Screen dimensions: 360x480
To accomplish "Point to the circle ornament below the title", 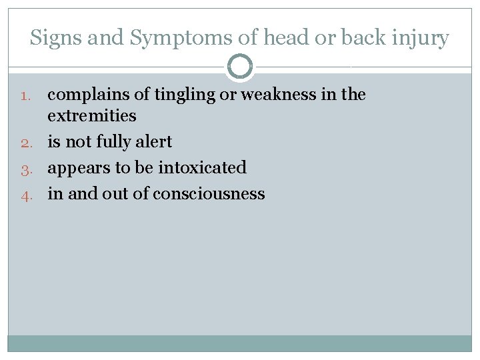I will tap(240, 67).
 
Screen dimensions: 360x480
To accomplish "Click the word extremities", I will tap(92, 116).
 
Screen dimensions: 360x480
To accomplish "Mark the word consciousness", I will tap(209, 194).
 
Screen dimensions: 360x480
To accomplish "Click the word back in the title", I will tap(363, 38).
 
